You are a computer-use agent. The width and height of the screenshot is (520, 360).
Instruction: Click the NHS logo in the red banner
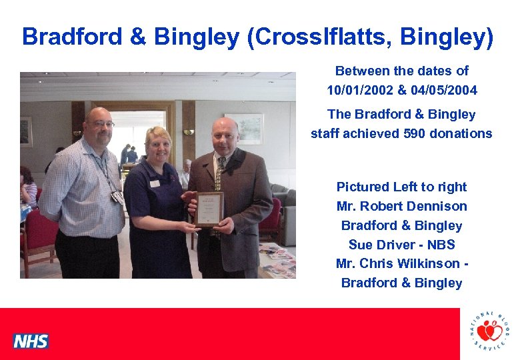(31, 341)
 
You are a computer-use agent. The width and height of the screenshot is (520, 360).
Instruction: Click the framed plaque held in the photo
(210, 209)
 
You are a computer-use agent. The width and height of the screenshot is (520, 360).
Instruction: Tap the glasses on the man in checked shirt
(101, 124)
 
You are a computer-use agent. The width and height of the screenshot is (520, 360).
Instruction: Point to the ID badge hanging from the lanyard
(117, 197)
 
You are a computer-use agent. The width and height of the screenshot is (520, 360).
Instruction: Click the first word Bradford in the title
(73, 37)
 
